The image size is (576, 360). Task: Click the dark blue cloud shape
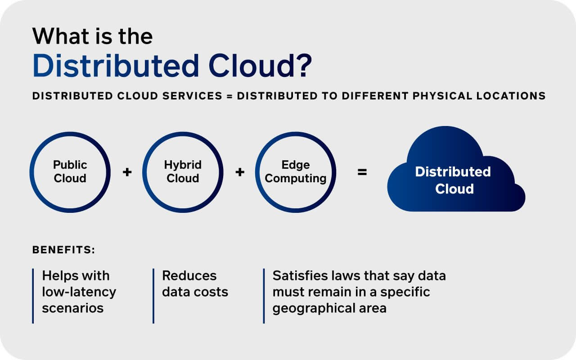pyautogui.click(x=456, y=170)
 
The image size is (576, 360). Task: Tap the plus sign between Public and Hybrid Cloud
pyautogui.click(x=127, y=172)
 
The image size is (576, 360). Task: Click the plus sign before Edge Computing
pyautogui.click(x=240, y=172)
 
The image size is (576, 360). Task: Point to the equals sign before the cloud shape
pyautogui.click(x=362, y=172)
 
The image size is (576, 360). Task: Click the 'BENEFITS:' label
pyautogui.click(x=63, y=250)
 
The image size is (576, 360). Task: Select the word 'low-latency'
pyautogui.click(x=79, y=292)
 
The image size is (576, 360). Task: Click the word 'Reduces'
pyautogui.click(x=189, y=276)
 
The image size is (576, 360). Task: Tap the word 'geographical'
pyautogui.click(x=314, y=308)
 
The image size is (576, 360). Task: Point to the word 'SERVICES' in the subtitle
pyautogui.click(x=192, y=96)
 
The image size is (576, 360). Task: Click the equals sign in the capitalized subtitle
pyautogui.click(x=229, y=96)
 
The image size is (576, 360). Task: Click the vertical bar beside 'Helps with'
pyautogui.click(x=33, y=296)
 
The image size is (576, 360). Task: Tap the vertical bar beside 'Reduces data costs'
pyautogui.click(x=153, y=296)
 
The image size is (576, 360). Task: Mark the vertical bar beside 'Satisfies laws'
pyautogui.click(x=264, y=296)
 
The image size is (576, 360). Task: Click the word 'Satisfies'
pyautogui.click(x=300, y=276)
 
